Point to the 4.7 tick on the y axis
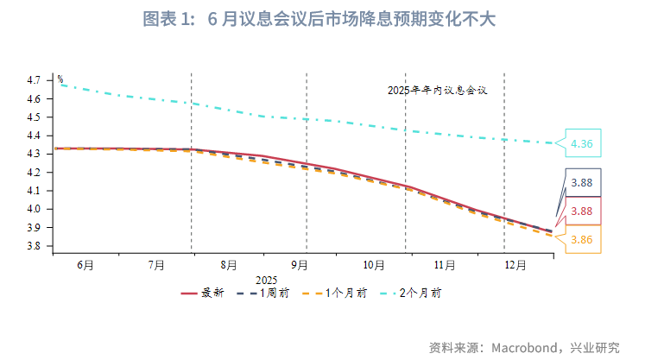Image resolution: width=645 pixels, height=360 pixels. click(x=35, y=80)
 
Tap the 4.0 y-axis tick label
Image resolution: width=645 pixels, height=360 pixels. click(x=35, y=209)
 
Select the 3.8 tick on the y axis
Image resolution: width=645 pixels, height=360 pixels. click(x=35, y=246)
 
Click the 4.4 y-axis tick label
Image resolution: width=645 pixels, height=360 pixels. click(x=35, y=136)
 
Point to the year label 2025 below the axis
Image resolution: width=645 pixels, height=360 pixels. click(x=266, y=281)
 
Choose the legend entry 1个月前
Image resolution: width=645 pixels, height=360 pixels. click(x=345, y=294)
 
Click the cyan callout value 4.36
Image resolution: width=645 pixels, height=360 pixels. click(x=581, y=144)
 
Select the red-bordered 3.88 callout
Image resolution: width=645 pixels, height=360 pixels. click(x=581, y=212)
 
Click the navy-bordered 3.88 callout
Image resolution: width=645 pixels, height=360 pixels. click(x=581, y=182)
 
